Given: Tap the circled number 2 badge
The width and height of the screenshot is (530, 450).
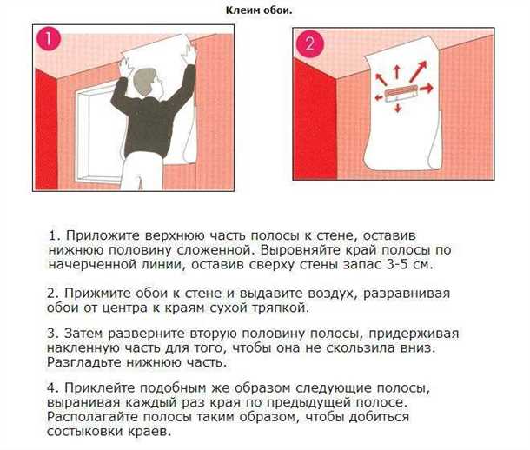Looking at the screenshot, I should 308,44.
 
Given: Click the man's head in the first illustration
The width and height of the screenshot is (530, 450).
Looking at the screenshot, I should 142,81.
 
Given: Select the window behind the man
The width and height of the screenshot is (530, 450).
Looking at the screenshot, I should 97,122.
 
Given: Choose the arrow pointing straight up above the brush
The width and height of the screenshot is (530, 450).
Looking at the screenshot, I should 397,70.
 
